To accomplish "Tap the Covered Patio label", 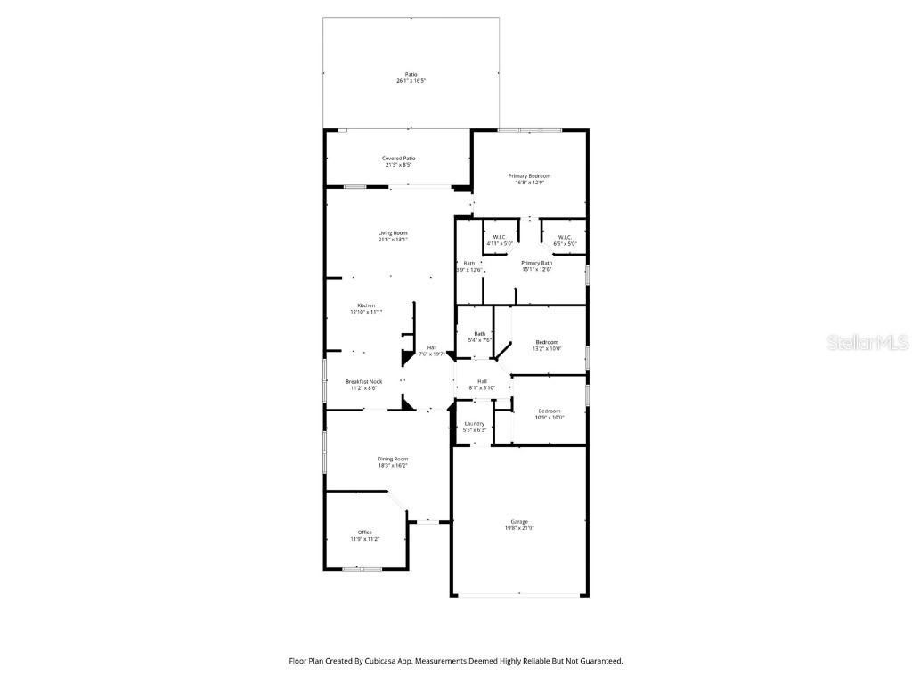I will click(399, 158).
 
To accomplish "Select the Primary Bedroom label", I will click(530, 176).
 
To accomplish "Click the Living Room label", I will click(393, 232).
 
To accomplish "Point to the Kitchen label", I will click(366, 305).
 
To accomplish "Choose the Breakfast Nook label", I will click(363, 381).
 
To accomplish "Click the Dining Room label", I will click(392, 459).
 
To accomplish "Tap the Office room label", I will click(365, 533).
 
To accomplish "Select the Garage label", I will click(519, 522).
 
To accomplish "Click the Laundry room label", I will click(474, 423).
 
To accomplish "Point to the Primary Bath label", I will click(536, 263).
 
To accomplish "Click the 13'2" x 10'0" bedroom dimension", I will click(547, 349).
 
